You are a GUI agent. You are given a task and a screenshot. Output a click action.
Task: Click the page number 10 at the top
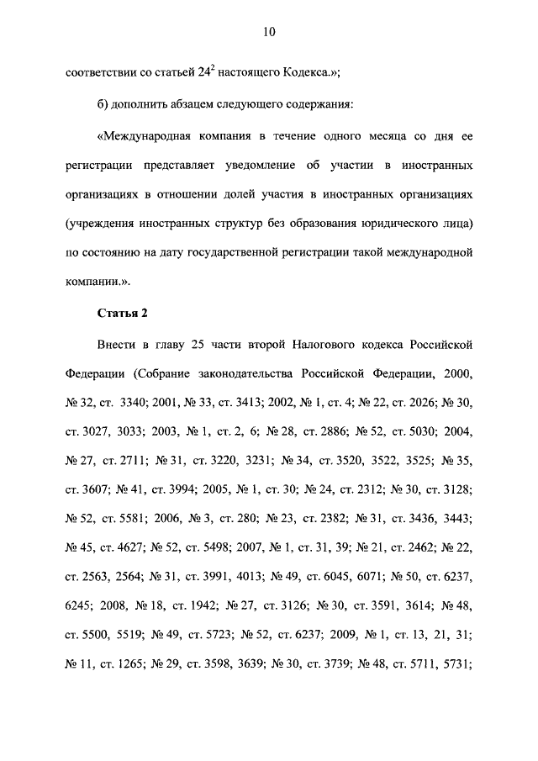[x=269, y=32]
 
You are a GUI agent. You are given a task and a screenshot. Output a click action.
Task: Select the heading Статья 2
[x=122, y=314]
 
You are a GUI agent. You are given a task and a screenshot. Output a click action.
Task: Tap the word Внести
[x=118, y=345]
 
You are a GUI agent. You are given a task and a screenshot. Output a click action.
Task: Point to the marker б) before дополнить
[x=105, y=105]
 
